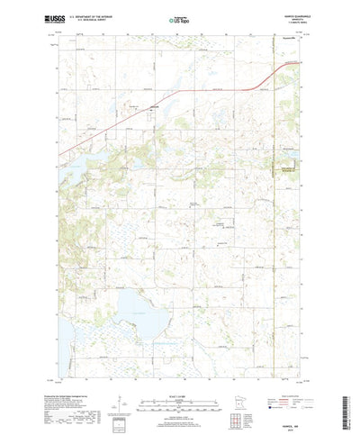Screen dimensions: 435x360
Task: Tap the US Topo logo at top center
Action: coord(179,18)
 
